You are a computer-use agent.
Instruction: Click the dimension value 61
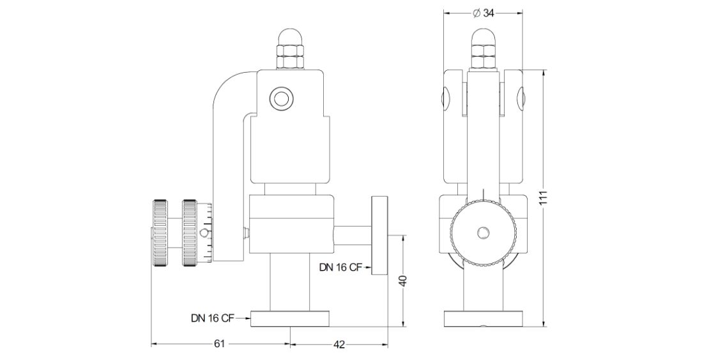click(219, 344)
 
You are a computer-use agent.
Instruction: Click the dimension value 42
click(339, 345)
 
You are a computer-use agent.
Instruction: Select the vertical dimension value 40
click(403, 281)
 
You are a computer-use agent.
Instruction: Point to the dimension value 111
click(543, 199)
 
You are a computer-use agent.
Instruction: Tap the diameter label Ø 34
click(483, 13)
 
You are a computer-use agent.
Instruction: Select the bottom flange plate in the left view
click(290, 319)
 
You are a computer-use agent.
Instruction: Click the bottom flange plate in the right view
click(484, 319)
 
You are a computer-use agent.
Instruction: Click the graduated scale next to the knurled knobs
click(206, 233)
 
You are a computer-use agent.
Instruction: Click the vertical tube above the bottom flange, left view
click(290, 281)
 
